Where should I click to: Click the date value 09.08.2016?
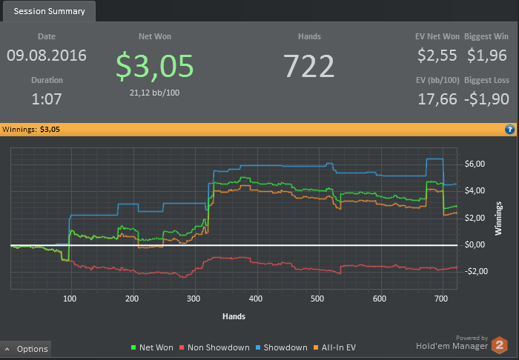(x=47, y=56)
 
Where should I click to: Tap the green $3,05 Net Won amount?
(x=155, y=65)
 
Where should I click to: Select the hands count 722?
(x=309, y=66)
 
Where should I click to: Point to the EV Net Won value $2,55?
(x=437, y=55)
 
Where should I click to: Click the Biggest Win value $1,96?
(x=488, y=55)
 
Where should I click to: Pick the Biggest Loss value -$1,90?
(x=488, y=99)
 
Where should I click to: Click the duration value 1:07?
(x=47, y=99)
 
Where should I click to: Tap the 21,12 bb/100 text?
(x=155, y=92)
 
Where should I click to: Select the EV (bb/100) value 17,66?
(x=437, y=99)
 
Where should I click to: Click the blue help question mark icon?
(x=510, y=129)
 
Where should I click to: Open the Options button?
(x=26, y=349)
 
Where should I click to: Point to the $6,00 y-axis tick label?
(x=475, y=164)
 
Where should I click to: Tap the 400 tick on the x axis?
(x=256, y=299)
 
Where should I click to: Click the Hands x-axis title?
(x=234, y=316)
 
